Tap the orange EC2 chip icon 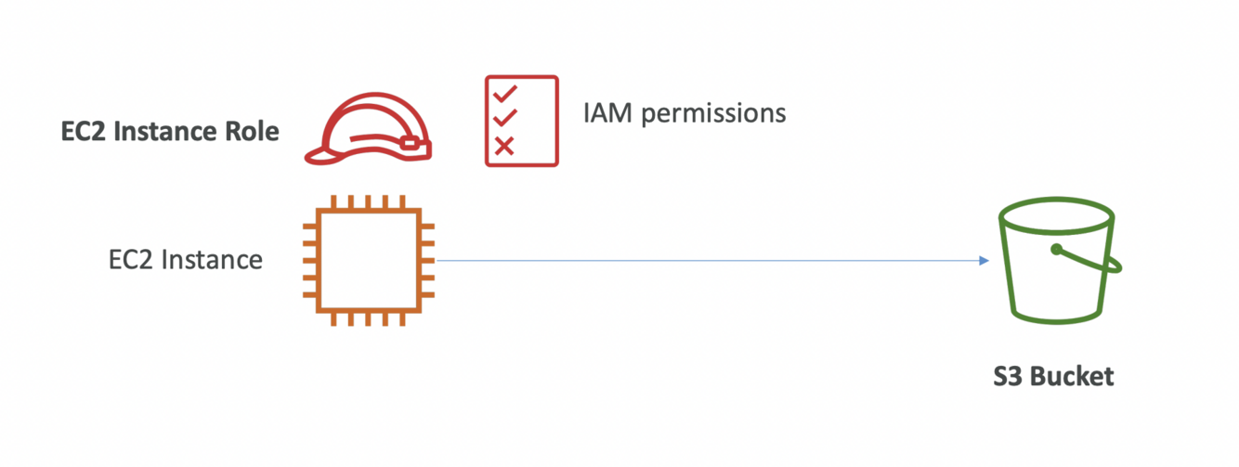click(x=368, y=261)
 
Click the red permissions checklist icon click(x=521, y=121)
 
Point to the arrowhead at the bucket click(x=984, y=261)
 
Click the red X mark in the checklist click(x=504, y=145)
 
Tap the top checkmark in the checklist click(x=504, y=94)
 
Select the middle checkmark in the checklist click(x=504, y=119)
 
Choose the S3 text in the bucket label click(x=1008, y=377)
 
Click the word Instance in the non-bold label click(x=212, y=260)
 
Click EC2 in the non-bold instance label click(x=131, y=260)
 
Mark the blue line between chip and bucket click(x=706, y=261)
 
